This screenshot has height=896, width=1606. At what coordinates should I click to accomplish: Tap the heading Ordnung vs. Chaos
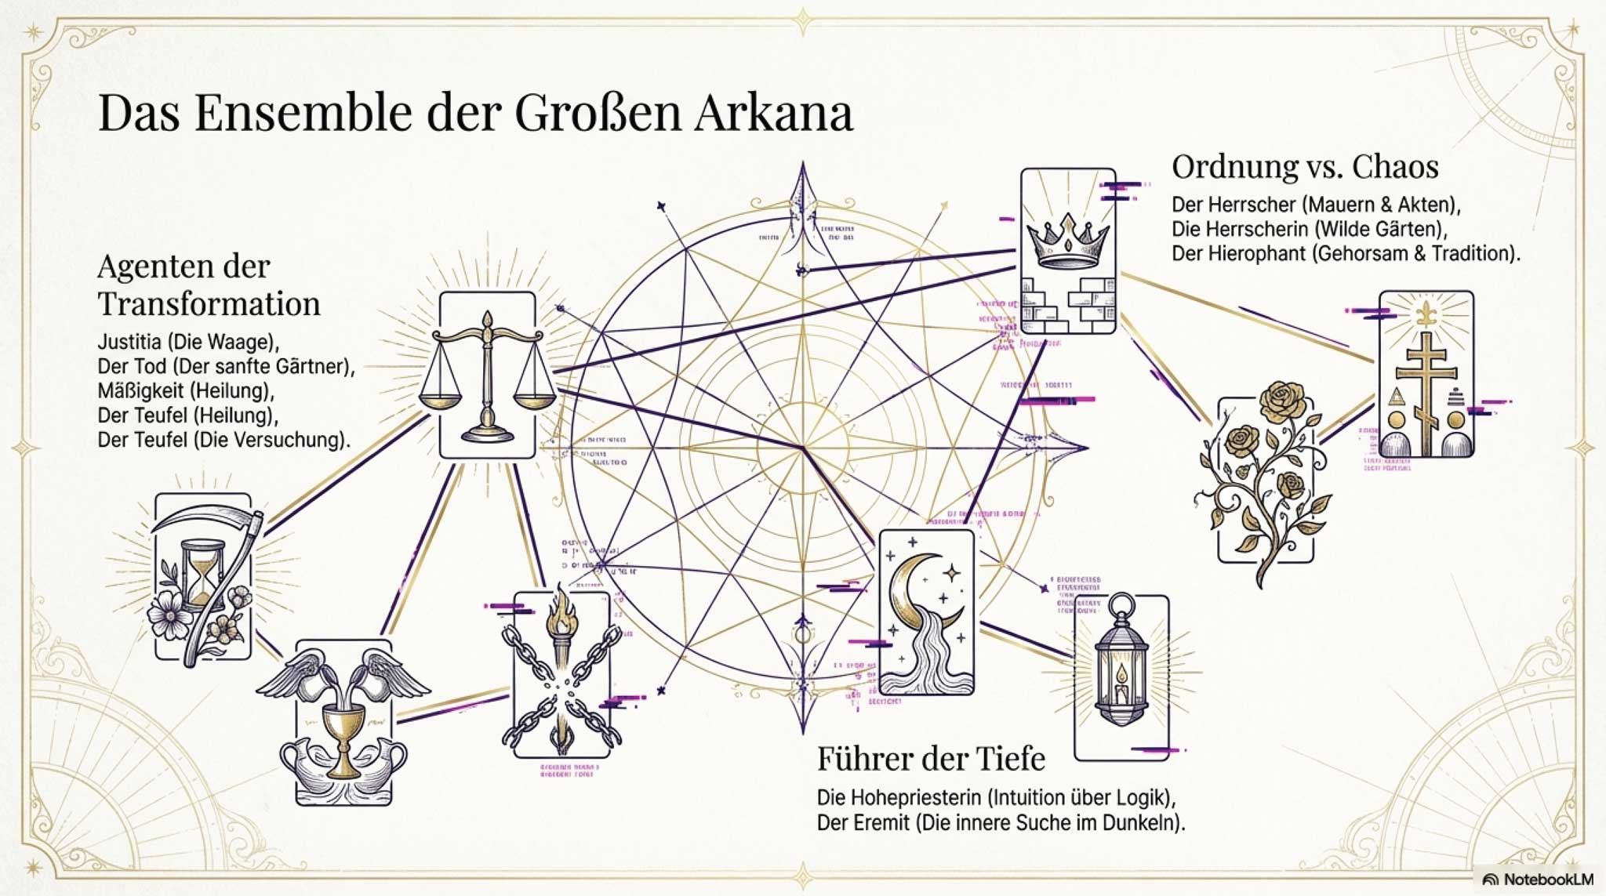tap(1304, 167)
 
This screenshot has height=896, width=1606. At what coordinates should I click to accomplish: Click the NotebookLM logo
tap(1536, 880)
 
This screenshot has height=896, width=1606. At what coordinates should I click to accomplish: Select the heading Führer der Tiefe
tap(931, 759)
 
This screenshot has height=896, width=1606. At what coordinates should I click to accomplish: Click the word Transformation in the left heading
tap(209, 304)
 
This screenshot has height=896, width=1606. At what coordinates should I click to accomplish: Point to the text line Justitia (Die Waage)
tap(188, 342)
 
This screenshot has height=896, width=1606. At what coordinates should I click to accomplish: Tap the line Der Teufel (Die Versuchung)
tap(223, 440)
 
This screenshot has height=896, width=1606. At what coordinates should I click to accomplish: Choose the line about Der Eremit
tap(1001, 823)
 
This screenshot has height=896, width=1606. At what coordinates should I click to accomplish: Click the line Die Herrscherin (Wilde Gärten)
tap(1309, 229)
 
